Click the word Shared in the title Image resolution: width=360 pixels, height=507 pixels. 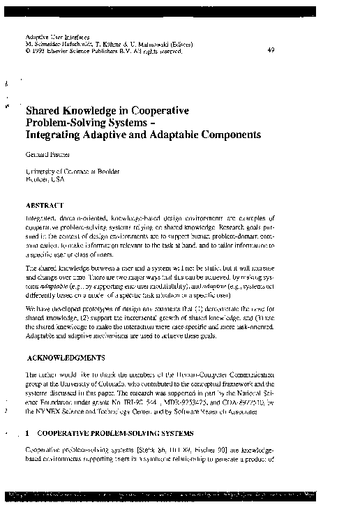click(x=44, y=110)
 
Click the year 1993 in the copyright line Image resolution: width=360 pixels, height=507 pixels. click(x=39, y=51)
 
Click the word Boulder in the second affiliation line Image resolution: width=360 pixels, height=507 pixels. click(x=37, y=179)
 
